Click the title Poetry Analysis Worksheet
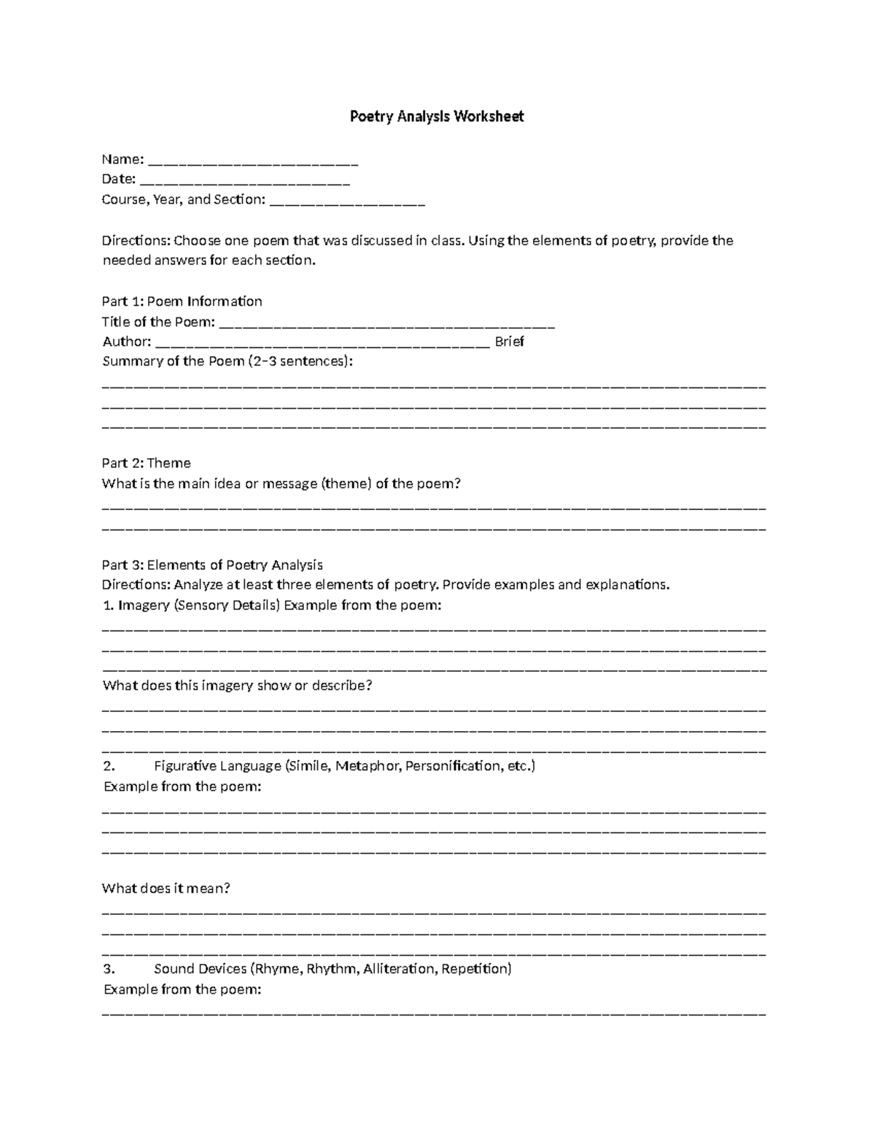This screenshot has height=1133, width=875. (436, 117)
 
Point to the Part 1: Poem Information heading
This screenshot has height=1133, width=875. (182, 301)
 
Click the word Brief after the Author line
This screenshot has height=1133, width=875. (509, 341)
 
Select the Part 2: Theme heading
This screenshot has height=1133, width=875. (146, 463)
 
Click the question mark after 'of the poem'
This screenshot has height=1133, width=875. (458, 484)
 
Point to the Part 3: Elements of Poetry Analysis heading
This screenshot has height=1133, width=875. (211, 565)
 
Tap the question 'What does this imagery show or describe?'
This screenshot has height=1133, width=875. (237, 686)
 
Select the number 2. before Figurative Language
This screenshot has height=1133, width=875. (109, 766)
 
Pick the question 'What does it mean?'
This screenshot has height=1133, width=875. (166, 889)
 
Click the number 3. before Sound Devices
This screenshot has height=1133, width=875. (109, 969)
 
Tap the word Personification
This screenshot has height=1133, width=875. (453, 766)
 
